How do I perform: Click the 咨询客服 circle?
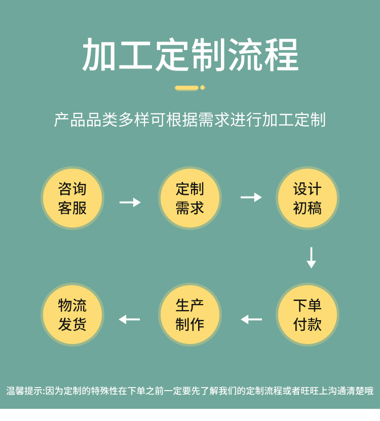point(72,198)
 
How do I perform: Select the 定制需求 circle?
point(190,198)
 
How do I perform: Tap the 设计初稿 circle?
point(308,198)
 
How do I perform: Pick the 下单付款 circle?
point(308,315)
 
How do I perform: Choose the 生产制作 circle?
point(190,315)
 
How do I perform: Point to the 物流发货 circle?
point(72,315)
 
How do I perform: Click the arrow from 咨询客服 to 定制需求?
point(130,202)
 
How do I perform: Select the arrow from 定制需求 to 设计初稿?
point(251,197)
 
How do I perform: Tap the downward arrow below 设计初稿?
point(311,257)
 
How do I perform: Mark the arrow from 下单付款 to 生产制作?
point(251,319)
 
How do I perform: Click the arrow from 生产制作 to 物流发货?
point(129,319)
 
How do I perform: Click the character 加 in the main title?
point(99,55)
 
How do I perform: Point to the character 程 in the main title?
point(281,55)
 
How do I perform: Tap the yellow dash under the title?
point(186,88)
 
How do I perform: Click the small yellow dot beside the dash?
point(203,88)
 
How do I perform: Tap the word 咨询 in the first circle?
point(72,189)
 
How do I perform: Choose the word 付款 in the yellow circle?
point(308,324)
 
